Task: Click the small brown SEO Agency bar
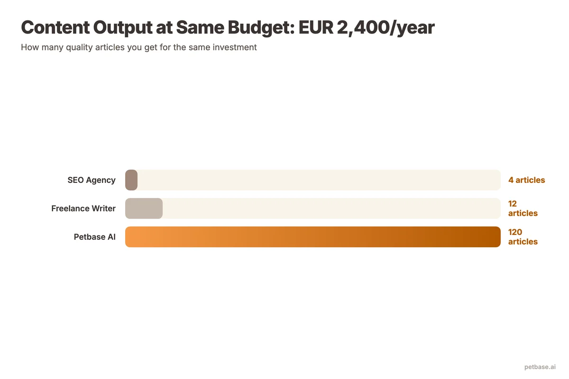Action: pyautogui.click(x=131, y=180)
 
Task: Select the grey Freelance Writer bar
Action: pyautogui.click(x=144, y=208)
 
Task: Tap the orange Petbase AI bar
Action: pyautogui.click(x=313, y=237)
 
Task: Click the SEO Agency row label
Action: pyautogui.click(x=92, y=180)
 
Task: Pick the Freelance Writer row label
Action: pyautogui.click(x=83, y=208)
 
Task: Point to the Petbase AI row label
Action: pyautogui.click(x=95, y=237)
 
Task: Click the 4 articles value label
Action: pyautogui.click(x=526, y=180)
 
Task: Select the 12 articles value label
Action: pyautogui.click(x=523, y=208)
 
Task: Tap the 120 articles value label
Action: pyautogui.click(x=523, y=237)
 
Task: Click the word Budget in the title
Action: pyautogui.click(x=258, y=28)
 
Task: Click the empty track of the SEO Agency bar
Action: pyautogui.click(x=318, y=180)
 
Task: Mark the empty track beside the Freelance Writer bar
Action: pyautogui.click(x=332, y=208)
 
